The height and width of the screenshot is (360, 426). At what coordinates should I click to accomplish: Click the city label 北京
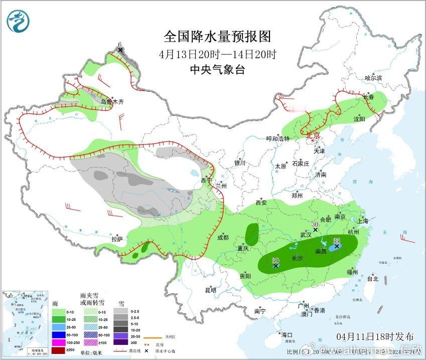click(x=313, y=135)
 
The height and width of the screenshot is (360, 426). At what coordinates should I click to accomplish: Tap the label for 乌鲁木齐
click(x=111, y=102)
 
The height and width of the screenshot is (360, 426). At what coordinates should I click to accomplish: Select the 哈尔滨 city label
click(x=373, y=78)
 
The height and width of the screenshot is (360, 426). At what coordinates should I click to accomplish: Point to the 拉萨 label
click(x=116, y=239)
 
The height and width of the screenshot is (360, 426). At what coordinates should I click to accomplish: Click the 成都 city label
click(x=223, y=237)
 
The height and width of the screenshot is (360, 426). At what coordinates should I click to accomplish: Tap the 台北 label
click(x=373, y=278)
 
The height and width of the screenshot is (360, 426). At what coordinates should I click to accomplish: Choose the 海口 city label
click(x=287, y=335)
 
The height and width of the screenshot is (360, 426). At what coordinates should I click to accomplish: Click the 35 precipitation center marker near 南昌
click(x=337, y=246)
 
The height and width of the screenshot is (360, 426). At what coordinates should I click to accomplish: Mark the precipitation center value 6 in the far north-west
click(x=120, y=48)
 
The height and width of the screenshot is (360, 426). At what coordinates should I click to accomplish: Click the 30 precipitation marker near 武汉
click(x=315, y=229)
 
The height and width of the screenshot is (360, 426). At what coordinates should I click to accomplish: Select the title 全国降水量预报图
click(x=217, y=37)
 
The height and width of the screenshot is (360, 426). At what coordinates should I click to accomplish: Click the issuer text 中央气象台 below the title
click(x=217, y=70)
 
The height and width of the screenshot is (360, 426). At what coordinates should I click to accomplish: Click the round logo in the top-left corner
click(x=18, y=20)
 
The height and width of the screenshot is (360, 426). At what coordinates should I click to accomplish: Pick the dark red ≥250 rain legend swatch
click(x=59, y=350)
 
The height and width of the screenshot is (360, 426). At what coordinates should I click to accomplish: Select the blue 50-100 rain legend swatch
click(x=59, y=334)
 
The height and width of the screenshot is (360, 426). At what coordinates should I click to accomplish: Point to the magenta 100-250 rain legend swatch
click(x=59, y=342)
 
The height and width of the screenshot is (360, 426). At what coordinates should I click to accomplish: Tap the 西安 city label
click(x=261, y=203)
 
